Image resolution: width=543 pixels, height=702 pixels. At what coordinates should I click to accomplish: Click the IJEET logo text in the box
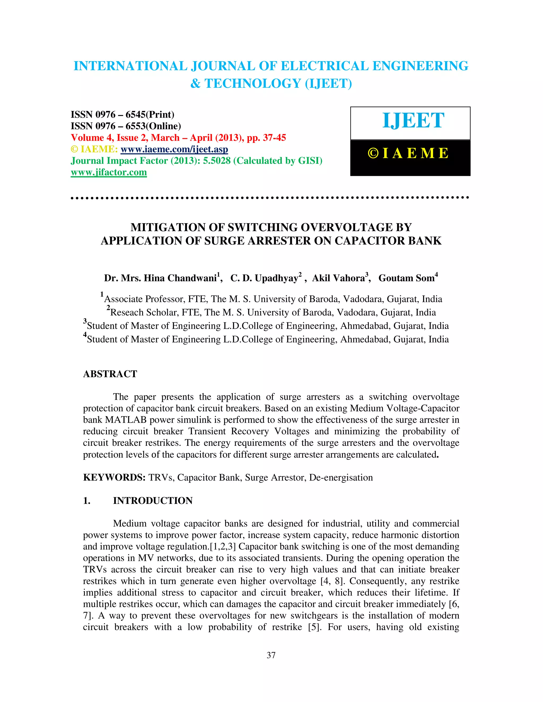tap(413, 121)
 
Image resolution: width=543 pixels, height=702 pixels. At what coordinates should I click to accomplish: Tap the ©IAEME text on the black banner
tap(408, 153)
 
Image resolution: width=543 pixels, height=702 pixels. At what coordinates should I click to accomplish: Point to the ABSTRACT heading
tap(110, 374)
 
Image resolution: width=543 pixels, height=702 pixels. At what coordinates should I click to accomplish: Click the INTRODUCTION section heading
tap(152, 500)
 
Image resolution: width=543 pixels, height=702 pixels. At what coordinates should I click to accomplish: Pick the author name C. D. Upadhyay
tap(264, 278)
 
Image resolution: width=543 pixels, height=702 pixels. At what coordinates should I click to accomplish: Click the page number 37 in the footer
tap(271, 655)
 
